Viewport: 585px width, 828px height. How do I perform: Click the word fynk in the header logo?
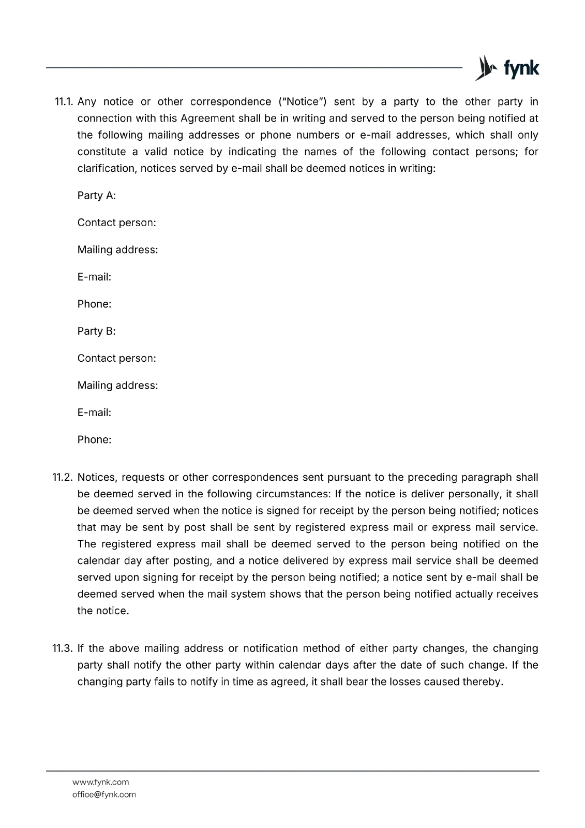coord(521,69)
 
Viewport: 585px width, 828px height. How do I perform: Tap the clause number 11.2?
coord(64,477)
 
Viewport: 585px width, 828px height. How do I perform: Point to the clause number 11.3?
coord(64,648)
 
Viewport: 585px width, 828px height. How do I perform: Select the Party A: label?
coord(97,196)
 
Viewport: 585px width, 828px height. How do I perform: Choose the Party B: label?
coord(97,331)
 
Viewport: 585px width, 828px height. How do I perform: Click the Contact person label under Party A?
coord(116,223)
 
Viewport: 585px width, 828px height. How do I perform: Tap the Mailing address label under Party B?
coord(117,386)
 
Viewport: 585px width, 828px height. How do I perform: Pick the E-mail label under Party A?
coord(94,277)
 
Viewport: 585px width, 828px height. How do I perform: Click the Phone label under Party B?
coord(94,440)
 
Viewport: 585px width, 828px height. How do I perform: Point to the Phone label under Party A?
coord(94,304)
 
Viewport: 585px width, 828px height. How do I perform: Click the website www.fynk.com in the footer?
coord(100,782)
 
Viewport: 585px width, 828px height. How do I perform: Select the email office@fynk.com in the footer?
coord(104,794)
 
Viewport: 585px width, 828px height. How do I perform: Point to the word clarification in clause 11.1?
coord(106,169)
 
